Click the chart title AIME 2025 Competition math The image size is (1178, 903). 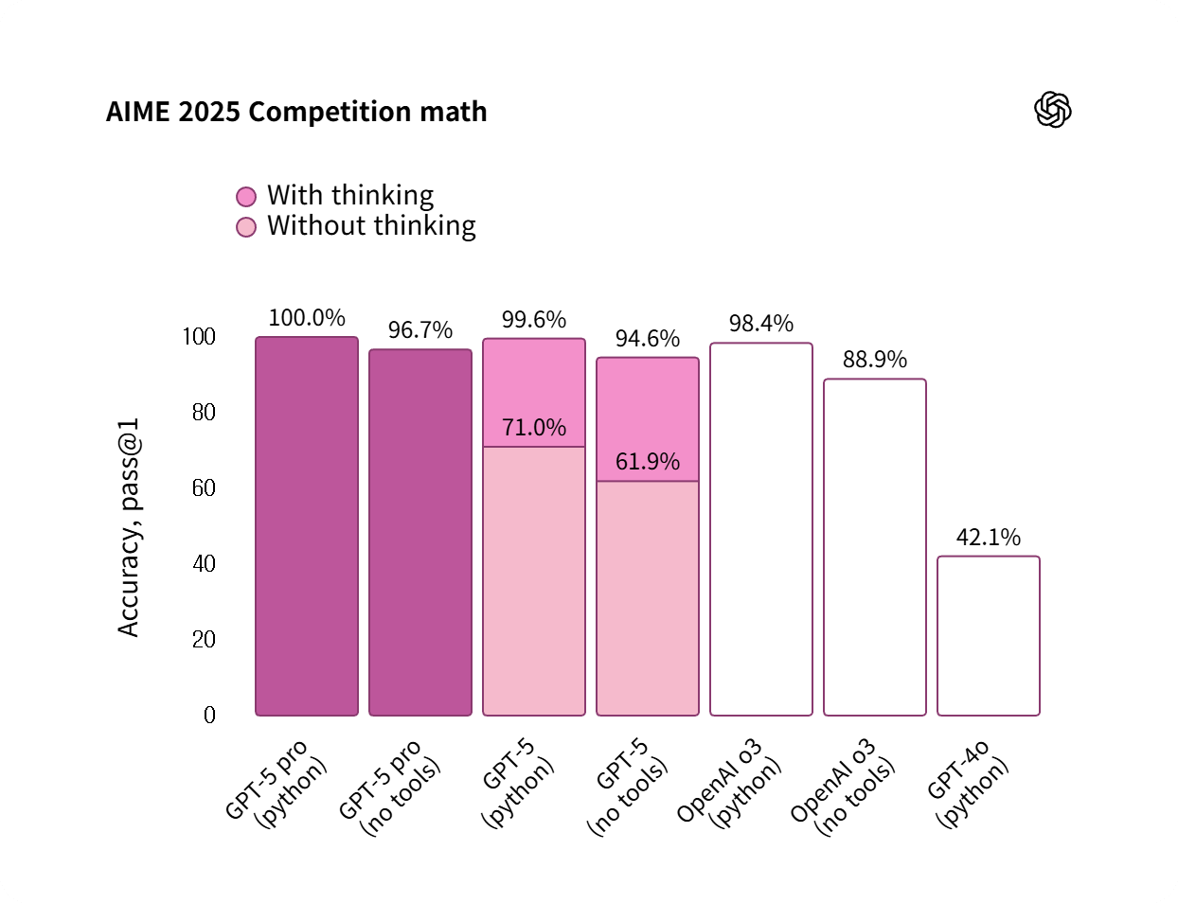[296, 112]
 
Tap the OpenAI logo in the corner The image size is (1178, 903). [1052, 110]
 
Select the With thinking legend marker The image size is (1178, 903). [246, 196]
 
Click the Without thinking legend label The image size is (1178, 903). [371, 226]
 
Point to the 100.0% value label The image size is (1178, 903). [307, 318]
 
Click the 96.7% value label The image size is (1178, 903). [420, 330]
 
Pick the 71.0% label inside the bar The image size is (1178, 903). [534, 428]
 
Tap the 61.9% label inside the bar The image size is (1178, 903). [648, 462]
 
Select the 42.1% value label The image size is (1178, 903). [989, 538]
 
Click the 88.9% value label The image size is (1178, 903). [875, 360]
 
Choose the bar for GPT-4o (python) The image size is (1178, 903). [989, 636]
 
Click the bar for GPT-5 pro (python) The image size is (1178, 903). [307, 526]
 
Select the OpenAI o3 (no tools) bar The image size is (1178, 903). [875, 547]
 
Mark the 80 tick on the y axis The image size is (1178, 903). [204, 413]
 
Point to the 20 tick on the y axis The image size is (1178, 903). [204, 640]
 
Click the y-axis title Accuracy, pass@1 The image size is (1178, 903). [129, 527]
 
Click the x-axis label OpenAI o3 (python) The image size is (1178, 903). [731, 784]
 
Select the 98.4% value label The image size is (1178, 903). [761, 324]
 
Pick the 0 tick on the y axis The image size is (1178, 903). [209, 716]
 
